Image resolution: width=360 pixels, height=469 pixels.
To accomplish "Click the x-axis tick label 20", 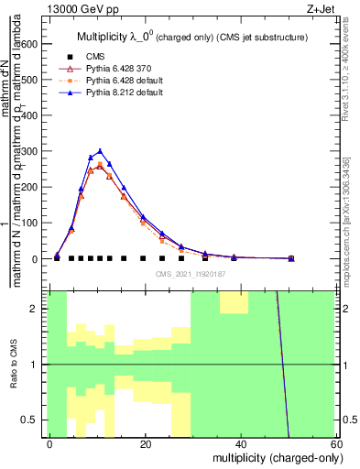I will pos(146,443).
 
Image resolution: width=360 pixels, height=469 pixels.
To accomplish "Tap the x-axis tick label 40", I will pos(241,443).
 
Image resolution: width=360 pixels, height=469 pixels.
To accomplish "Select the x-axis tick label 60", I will pos(336,443).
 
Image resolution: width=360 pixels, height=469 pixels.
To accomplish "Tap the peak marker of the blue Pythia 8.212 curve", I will pos(100,151).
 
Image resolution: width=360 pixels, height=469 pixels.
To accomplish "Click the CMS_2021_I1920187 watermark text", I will pos(191,273).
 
